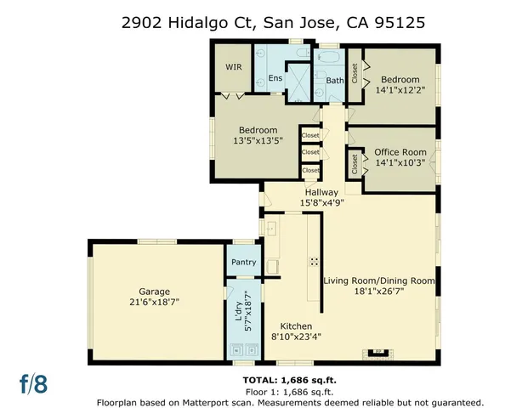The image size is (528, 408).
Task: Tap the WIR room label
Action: point(234,67)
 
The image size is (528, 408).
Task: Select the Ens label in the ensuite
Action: point(275,79)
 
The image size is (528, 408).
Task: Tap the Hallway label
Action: point(321,192)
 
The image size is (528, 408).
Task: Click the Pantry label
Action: point(243,263)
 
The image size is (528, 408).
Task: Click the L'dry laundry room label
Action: point(238,317)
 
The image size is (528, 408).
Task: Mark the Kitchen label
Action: point(292,326)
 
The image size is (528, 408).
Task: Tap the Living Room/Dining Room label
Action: point(379,280)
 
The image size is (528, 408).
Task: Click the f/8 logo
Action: point(34,383)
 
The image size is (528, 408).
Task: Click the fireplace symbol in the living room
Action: point(380,349)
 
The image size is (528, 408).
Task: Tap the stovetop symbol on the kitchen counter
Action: point(314,261)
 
